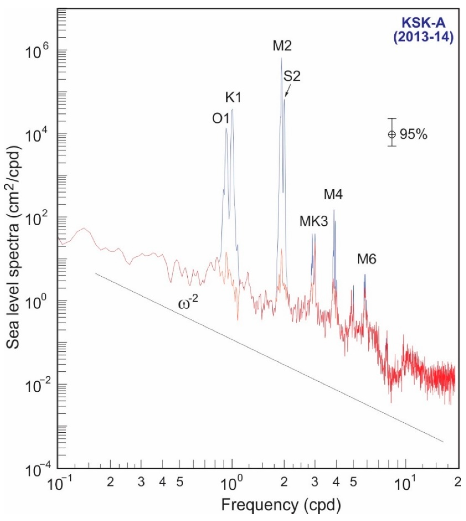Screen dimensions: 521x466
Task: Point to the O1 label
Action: coord(220,119)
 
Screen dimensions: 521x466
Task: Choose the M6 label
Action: coord(367,260)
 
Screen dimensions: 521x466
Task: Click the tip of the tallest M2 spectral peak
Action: coord(282,58)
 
